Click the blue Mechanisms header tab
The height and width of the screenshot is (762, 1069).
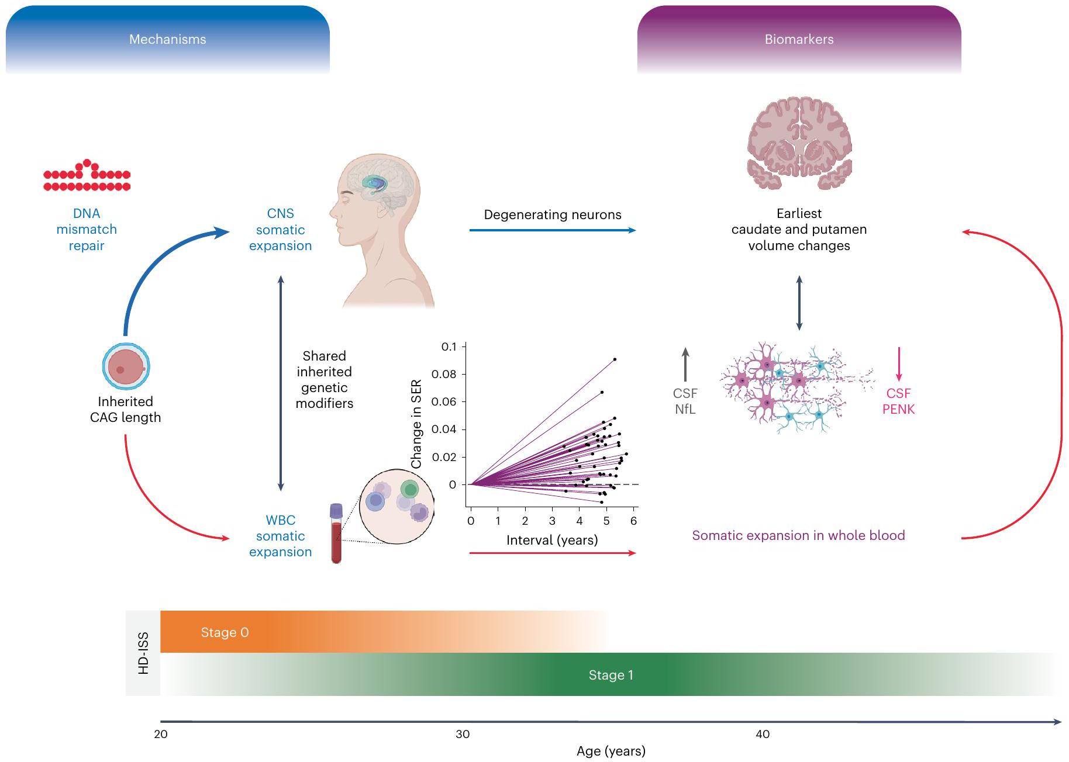tap(167, 39)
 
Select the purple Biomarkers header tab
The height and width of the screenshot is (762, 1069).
tap(799, 39)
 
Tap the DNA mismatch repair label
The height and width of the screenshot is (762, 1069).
tap(87, 230)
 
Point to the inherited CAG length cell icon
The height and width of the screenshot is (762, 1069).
tap(126, 366)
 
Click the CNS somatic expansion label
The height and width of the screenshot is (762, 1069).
tap(280, 230)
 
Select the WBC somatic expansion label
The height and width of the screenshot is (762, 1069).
tap(280, 536)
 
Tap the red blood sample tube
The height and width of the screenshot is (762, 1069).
tap(336, 534)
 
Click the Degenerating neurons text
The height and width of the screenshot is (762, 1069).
tap(552, 214)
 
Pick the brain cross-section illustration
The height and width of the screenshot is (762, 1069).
tap(799, 143)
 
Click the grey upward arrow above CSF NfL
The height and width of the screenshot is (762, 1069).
tap(685, 364)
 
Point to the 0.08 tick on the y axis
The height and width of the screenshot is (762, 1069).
tap(444, 375)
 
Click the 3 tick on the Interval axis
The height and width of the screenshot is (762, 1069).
tap(552, 521)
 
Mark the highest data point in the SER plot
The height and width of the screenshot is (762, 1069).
tap(615, 359)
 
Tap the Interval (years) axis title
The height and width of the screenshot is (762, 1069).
tap(552, 540)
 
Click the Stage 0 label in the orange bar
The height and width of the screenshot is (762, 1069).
tap(225, 632)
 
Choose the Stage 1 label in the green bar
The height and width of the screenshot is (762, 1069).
tap(611, 675)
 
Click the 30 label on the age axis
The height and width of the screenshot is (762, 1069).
tap(463, 734)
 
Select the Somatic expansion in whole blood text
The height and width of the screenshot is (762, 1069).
tap(798, 535)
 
